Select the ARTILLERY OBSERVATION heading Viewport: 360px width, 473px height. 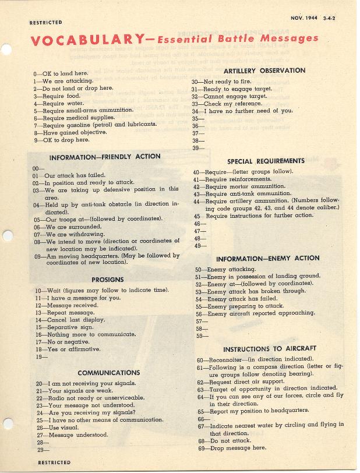click(263, 71)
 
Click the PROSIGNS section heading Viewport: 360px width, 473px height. click(108, 280)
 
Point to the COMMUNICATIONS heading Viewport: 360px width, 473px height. click(109, 373)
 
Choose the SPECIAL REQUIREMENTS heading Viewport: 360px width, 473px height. click(266, 161)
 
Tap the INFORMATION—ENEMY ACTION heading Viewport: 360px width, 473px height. click(268, 259)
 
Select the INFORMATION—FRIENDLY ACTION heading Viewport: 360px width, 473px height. click(105, 157)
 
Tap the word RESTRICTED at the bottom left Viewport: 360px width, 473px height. click(54, 463)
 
